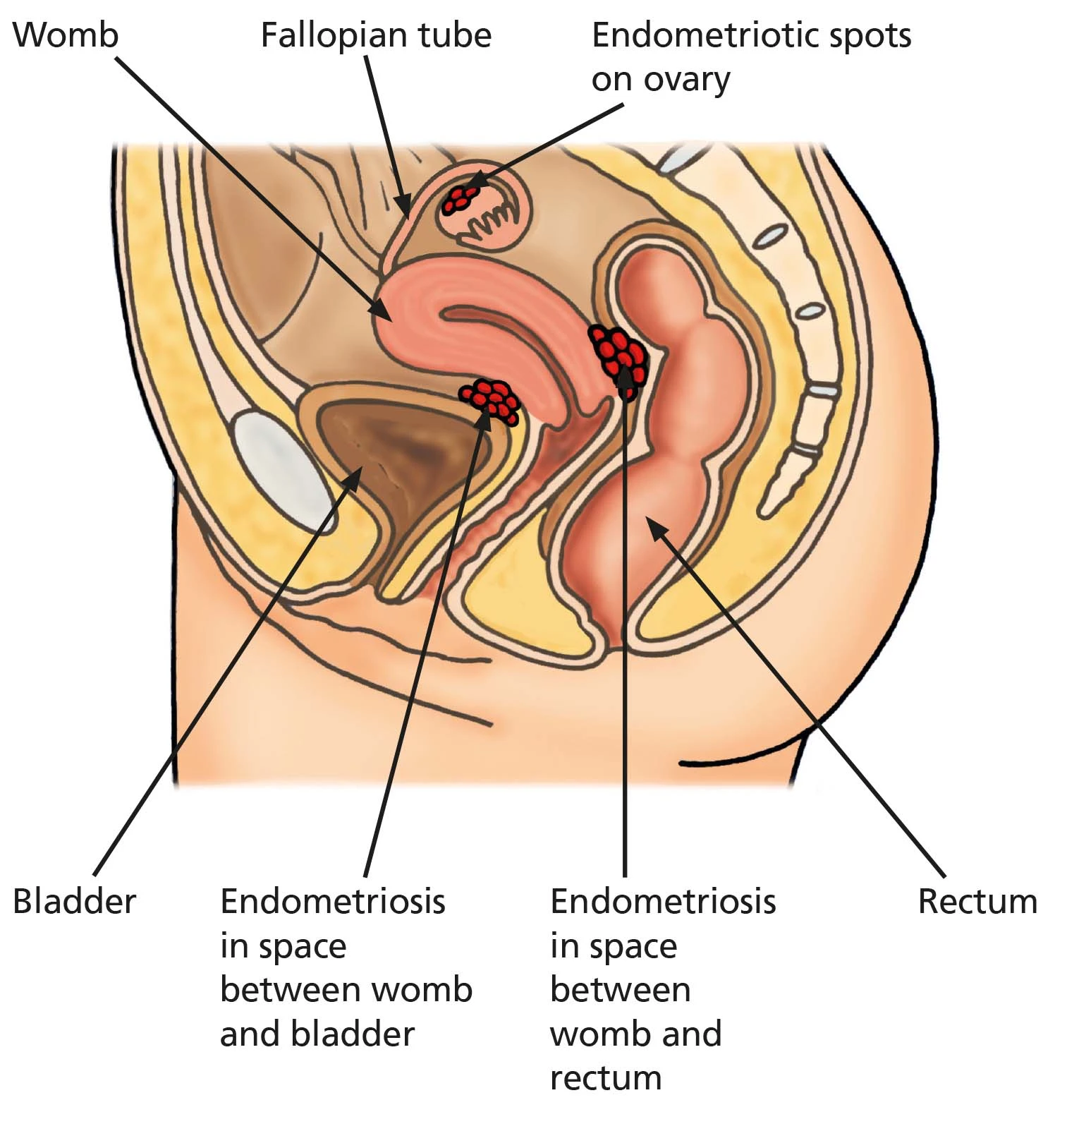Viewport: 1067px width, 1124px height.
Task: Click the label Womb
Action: coord(66,35)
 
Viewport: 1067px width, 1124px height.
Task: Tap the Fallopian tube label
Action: coord(375,35)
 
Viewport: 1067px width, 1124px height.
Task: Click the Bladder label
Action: coord(74,902)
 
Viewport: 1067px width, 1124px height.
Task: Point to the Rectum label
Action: coord(977,902)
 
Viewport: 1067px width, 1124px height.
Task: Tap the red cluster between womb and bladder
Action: coord(492,401)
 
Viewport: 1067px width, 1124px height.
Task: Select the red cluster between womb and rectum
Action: coord(618,355)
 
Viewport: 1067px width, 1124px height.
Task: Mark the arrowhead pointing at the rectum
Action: coord(654,526)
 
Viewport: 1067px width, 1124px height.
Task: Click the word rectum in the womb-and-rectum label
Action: coord(606,1077)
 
